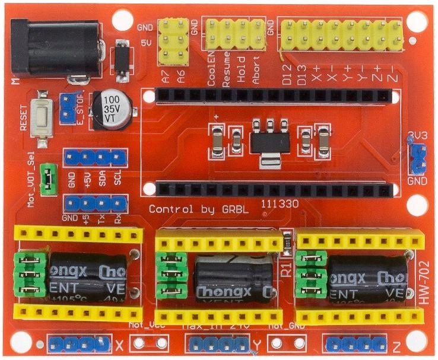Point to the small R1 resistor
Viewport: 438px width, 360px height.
[x=288, y=241]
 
